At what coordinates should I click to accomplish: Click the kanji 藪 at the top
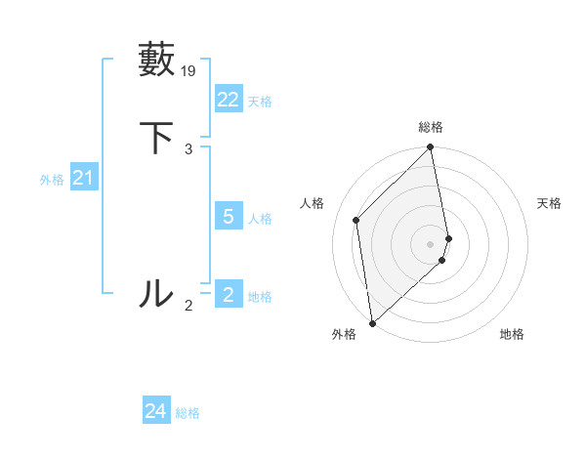tap(156, 60)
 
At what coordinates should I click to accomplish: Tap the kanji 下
tap(156, 138)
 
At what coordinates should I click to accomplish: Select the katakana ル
tap(156, 293)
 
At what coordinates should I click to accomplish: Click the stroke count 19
tap(189, 70)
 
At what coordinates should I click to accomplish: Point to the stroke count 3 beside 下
tap(188, 149)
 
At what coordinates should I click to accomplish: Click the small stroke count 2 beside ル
tap(188, 306)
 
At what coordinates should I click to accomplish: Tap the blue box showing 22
tap(228, 100)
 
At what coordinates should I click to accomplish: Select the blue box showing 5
tap(228, 217)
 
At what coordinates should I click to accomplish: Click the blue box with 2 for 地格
tap(228, 295)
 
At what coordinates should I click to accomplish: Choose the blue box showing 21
tap(83, 178)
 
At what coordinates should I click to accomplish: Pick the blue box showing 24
tap(155, 411)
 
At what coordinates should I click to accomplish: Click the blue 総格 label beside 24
tap(188, 413)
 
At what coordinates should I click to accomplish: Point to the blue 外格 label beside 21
tap(52, 180)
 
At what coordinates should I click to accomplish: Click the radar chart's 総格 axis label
tap(431, 127)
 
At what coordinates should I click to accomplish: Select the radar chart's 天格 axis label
tap(549, 203)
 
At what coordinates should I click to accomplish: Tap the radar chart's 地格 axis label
tap(512, 335)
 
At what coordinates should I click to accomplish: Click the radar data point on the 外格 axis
tap(372, 323)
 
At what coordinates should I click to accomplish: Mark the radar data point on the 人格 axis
tap(356, 220)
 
